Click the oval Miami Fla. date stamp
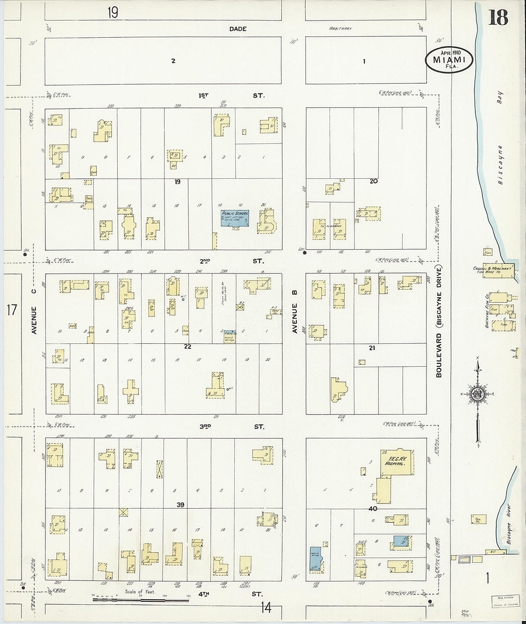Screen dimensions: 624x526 pos(449,60)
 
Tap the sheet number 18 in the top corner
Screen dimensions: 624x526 pos(498,18)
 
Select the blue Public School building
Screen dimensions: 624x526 pos(234,218)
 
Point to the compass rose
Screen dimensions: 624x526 pos(477,394)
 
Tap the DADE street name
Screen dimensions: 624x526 pos(238,29)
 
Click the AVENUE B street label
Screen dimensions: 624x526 pos(295,318)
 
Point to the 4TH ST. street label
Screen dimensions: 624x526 pos(230,594)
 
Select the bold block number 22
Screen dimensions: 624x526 pos(187,347)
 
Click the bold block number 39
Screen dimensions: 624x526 pos(180,505)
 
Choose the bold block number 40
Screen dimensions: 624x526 pos(373,509)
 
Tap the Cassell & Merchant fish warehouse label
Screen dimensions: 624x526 pos(493,270)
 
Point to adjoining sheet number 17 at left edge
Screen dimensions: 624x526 pos(12,310)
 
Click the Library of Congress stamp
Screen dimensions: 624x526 pos(505,601)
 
